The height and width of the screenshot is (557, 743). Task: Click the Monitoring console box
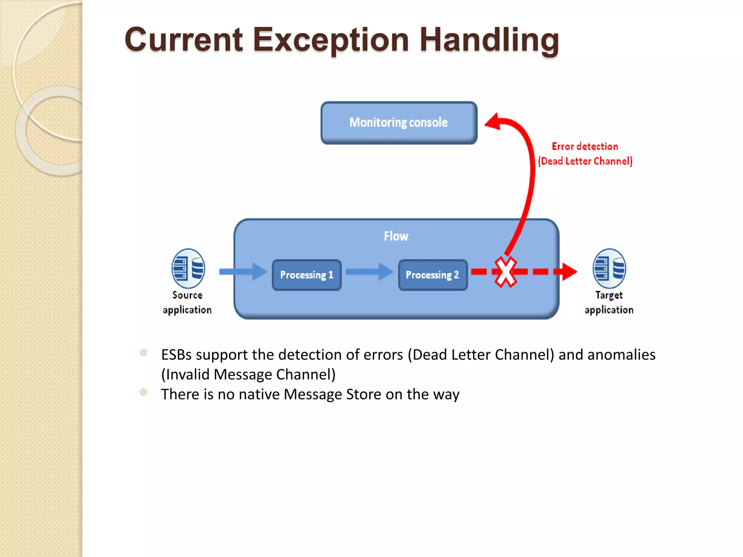[x=399, y=123]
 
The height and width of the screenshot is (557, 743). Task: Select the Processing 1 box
[x=307, y=275]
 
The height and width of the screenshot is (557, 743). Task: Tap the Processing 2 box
[x=432, y=275]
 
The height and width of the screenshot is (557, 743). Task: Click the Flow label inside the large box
[x=396, y=236]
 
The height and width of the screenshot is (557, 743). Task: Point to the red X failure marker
[x=505, y=272]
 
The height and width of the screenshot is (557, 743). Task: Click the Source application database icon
[x=188, y=268]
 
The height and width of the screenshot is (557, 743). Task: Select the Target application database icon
[x=609, y=268]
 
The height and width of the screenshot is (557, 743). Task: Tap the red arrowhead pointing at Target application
[x=569, y=272]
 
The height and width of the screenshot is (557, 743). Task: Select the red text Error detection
[x=585, y=147]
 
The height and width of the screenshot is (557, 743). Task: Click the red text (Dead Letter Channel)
[x=585, y=161]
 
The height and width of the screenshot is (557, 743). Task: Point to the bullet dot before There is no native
[x=144, y=392]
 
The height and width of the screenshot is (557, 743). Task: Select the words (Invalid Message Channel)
[x=249, y=375]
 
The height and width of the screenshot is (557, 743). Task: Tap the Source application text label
[x=187, y=302]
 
